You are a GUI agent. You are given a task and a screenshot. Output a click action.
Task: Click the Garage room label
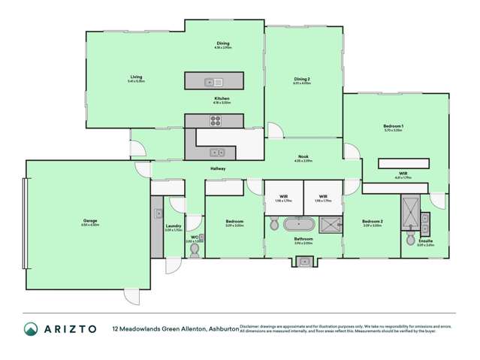(x=90, y=222)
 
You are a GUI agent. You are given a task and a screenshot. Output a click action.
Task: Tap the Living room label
(x=136, y=77)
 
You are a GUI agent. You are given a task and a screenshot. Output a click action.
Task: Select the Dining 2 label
(x=302, y=78)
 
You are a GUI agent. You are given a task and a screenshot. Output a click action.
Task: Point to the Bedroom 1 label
(x=394, y=125)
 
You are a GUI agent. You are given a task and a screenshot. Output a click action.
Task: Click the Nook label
(x=302, y=157)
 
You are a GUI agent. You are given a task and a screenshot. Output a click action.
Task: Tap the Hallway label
(x=218, y=168)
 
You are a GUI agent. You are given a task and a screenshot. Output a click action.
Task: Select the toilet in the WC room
(x=194, y=250)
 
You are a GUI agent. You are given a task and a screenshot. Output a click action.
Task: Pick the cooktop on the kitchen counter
(x=215, y=120)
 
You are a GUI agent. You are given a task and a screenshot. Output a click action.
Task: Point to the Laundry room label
(x=174, y=225)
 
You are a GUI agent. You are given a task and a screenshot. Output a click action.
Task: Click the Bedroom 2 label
(x=372, y=222)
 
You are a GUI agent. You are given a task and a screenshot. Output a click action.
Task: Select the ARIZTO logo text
(x=68, y=328)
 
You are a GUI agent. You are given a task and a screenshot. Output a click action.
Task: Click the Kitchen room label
(x=222, y=99)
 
